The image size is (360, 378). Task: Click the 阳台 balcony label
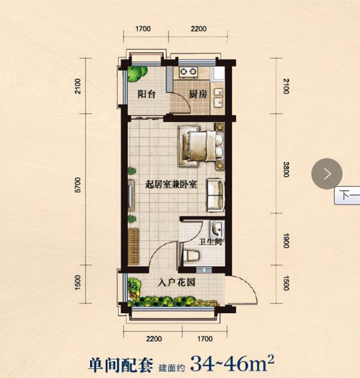click(x=146, y=94)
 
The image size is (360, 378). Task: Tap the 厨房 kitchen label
click(x=198, y=94)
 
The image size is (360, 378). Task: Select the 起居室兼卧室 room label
click(x=172, y=185)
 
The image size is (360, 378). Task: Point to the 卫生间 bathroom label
click(x=210, y=241)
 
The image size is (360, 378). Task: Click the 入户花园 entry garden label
click(x=176, y=282)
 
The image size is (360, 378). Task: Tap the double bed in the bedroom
click(x=200, y=146)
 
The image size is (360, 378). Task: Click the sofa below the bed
click(x=215, y=195)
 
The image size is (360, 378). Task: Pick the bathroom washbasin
click(x=217, y=229)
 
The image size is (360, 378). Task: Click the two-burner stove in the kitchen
click(x=188, y=71)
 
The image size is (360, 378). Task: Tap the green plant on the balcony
click(x=137, y=73)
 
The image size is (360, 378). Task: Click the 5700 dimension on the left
click(x=78, y=185)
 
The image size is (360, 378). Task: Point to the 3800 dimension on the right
click(x=286, y=169)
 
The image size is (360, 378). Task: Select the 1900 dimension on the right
click(x=286, y=241)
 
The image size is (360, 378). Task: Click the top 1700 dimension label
click(x=143, y=29)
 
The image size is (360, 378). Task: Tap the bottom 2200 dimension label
click(x=154, y=339)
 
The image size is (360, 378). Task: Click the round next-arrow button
click(x=327, y=173)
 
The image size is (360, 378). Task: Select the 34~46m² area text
click(x=232, y=364)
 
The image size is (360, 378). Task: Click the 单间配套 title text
click(x=121, y=365)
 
